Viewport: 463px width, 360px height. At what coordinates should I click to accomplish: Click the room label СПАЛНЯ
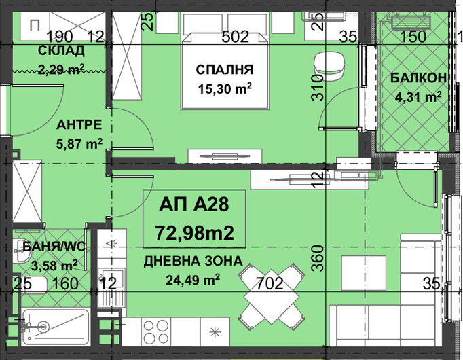(225, 70)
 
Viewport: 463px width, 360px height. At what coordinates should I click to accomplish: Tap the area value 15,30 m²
(225, 88)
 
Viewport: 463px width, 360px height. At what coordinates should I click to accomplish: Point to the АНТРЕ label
(79, 125)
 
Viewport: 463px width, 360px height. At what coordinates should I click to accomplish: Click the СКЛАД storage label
(61, 51)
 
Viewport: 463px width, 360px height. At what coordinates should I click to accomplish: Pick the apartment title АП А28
(193, 204)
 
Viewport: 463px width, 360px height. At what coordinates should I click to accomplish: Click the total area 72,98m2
(195, 232)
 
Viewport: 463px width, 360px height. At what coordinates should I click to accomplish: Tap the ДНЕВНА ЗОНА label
(193, 262)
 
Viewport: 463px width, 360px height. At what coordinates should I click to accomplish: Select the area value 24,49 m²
(193, 279)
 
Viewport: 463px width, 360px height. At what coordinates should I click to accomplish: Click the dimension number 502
(236, 37)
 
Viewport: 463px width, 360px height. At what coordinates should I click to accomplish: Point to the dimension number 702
(270, 283)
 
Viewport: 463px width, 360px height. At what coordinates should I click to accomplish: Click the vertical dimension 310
(318, 88)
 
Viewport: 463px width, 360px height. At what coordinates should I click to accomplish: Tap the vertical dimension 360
(318, 258)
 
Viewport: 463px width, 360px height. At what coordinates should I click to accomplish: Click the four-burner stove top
(156, 331)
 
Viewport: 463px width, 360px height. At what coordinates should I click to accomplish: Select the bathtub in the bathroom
(56, 327)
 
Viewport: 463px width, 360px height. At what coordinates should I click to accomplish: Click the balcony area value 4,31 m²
(418, 96)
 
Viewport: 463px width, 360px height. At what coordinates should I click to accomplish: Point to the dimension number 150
(413, 37)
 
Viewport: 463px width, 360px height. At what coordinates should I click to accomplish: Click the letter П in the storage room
(35, 26)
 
